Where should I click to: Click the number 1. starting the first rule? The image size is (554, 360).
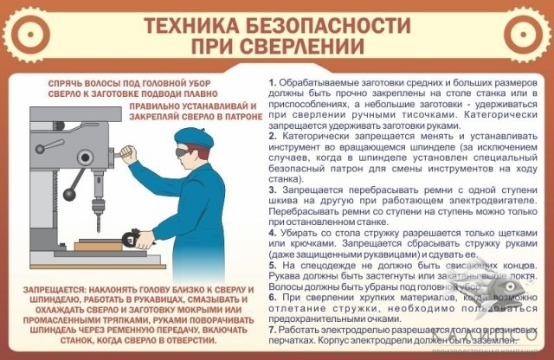point(272,81)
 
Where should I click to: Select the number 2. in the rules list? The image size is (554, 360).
point(273,136)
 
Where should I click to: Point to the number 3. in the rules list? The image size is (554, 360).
point(273,190)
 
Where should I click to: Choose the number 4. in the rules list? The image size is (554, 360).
point(273,233)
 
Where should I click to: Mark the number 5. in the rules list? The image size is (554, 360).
point(273,266)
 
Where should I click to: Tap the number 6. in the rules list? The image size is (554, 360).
point(273,298)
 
